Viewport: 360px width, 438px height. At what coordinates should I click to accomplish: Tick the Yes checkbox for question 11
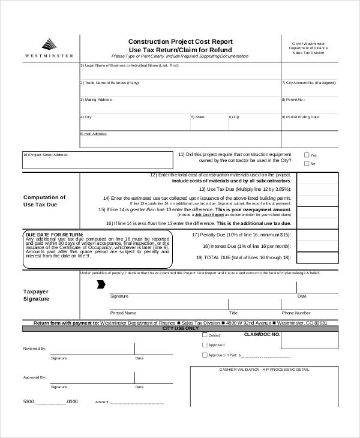point(307,155)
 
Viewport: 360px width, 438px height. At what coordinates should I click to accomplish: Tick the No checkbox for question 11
point(307,164)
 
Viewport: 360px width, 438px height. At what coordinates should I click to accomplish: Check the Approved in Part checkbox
point(205,355)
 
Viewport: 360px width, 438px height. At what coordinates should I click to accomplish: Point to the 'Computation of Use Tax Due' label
point(44,201)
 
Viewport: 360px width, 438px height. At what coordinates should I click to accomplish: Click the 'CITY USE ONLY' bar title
point(180,329)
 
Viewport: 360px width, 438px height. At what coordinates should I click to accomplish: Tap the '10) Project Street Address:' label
point(45,155)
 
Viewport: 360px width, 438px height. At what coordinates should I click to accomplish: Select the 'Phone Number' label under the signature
point(296,313)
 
